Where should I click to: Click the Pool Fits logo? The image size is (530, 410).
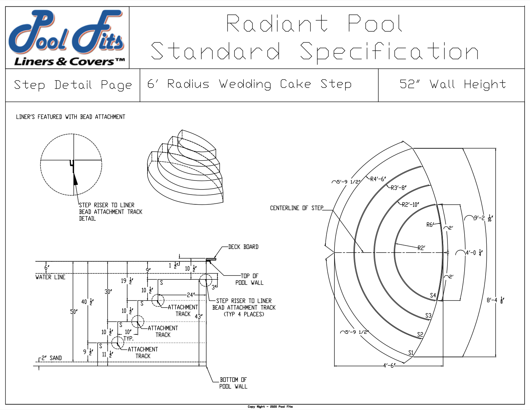[x=67, y=38]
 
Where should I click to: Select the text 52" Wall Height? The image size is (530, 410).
[x=453, y=84]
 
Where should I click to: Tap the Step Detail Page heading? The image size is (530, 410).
[x=73, y=85]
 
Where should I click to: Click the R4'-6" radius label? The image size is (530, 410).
[x=378, y=179]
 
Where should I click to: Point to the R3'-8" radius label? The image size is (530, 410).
[x=399, y=188]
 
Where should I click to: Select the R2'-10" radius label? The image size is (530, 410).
[x=410, y=204]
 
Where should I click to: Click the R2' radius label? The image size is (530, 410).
[x=421, y=248]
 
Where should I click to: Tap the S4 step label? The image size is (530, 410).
[x=433, y=295]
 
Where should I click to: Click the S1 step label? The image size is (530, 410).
[x=411, y=352]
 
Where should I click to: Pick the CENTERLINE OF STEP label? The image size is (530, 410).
[x=297, y=208]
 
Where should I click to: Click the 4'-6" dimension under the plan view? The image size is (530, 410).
[x=389, y=365]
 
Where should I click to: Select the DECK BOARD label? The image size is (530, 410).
[x=243, y=247]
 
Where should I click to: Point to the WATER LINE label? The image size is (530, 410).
[x=50, y=277]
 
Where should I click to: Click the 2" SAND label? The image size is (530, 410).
[x=52, y=358]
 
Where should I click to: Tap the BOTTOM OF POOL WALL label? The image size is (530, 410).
[x=233, y=383]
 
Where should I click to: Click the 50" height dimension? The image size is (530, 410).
[x=74, y=312]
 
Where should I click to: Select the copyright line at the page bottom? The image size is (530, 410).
[x=270, y=407]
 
